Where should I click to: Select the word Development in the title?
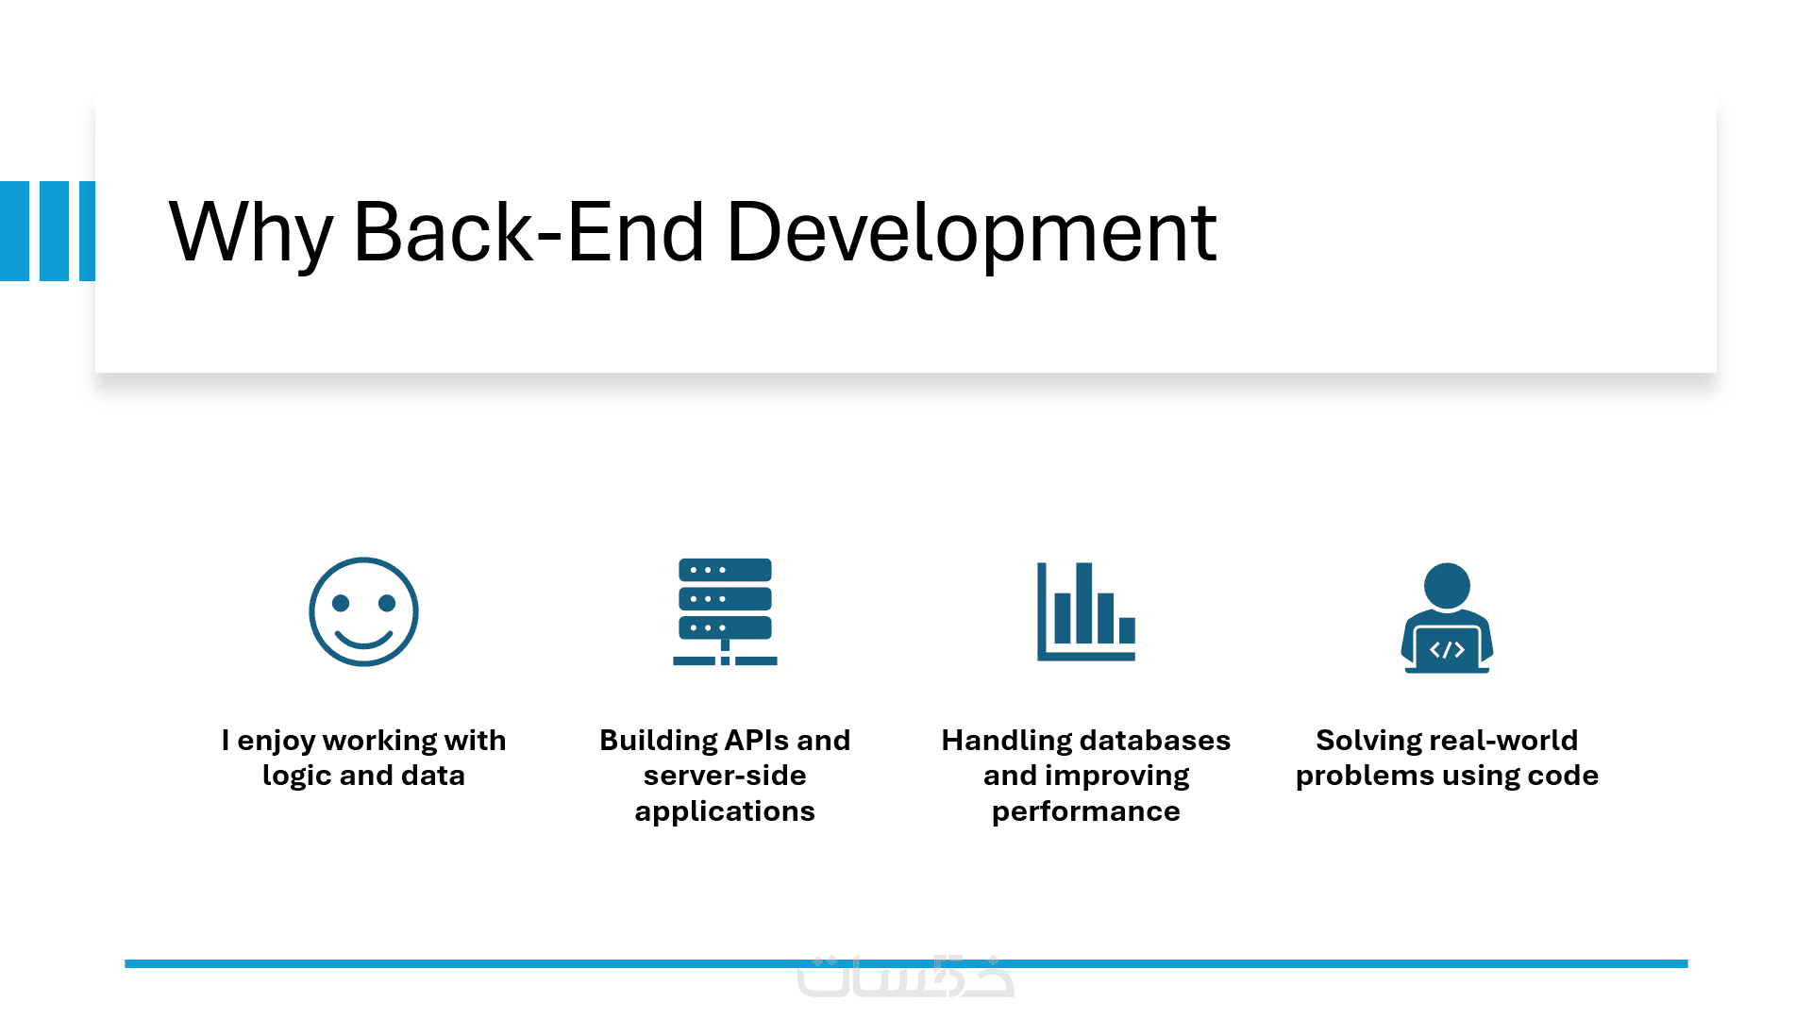coord(971,233)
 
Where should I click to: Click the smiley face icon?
coord(363,611)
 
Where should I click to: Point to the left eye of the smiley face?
coord(341,603)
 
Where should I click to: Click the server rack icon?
coord(725,611)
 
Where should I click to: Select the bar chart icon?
coord(1085,611)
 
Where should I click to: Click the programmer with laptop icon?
coord(1447,618)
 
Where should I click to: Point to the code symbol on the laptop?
coord(1447,649)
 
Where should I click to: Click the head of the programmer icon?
coord(1447,585)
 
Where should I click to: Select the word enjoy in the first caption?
coord(276,741)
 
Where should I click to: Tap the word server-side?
coord(725,776)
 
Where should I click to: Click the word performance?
coord(1085,811)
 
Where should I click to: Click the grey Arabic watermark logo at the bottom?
coord(905,977)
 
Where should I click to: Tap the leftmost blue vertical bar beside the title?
coord(14,231)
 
